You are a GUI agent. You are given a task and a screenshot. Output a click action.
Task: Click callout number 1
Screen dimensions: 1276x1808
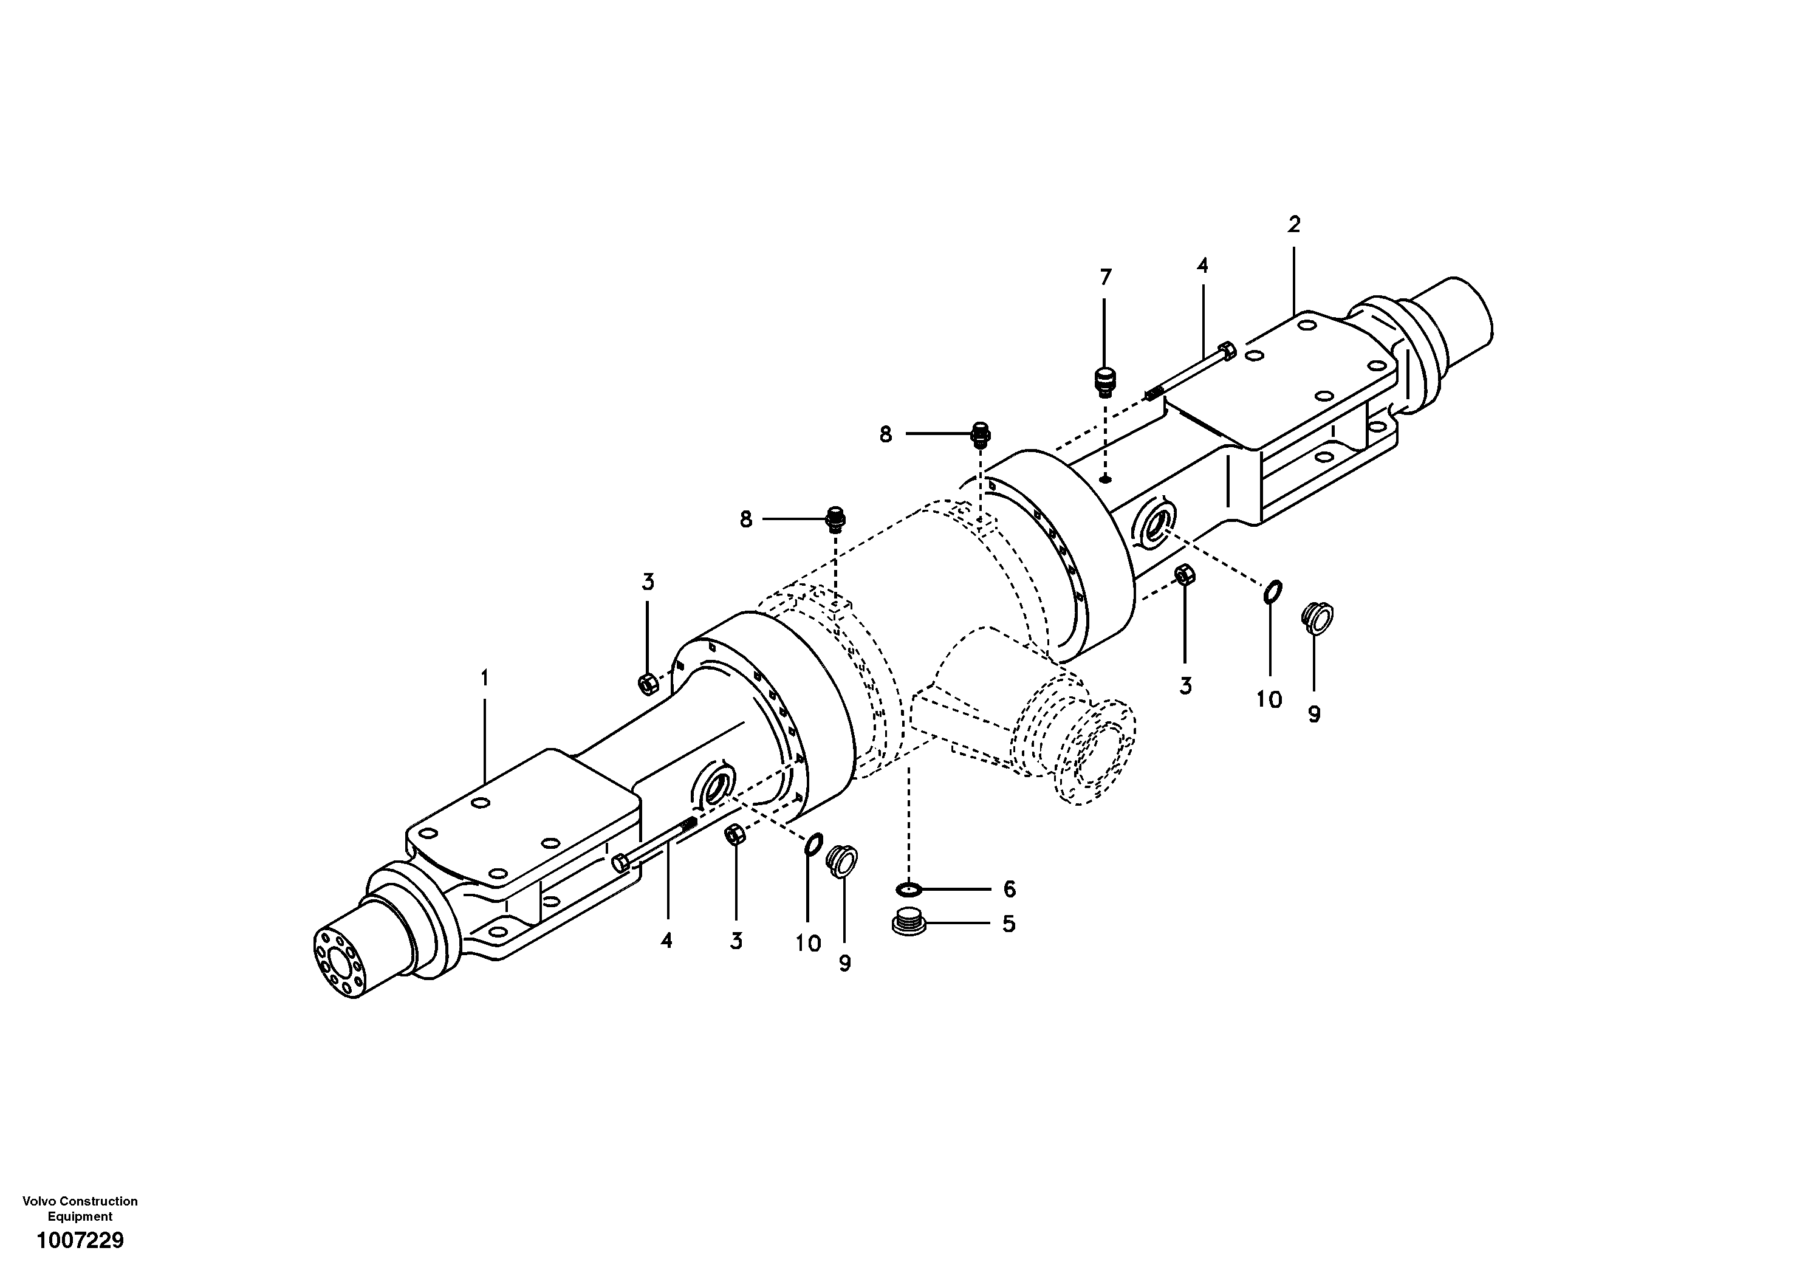484,677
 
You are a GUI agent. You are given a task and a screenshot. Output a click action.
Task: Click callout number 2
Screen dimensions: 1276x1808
1294,224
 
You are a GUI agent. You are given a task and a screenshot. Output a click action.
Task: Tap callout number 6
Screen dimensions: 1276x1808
1008,890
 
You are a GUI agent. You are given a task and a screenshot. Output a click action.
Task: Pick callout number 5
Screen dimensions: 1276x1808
1008,924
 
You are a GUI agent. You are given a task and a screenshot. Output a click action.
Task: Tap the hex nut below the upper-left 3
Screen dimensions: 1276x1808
646,683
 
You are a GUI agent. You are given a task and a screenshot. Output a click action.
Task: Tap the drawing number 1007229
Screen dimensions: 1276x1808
80,1241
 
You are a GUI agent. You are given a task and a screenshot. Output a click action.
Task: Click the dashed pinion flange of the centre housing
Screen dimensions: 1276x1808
1098,752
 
